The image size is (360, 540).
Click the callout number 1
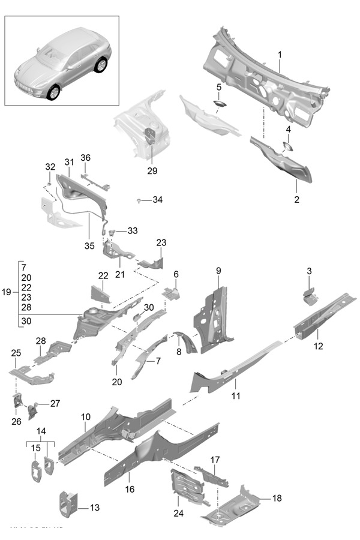(x=280, y=55)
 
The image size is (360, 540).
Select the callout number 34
(x=157, y=199)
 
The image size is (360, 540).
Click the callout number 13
(x=95, y=508)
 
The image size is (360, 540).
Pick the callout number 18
(x=277, y=498)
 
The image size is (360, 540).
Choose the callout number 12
(x=318, y=346)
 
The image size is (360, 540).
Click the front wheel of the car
(x=55, y=92)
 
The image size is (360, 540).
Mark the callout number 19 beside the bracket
(x=7, y=292)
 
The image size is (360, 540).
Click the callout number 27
(x=55, y=403)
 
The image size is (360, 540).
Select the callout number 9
(x=219, y=271)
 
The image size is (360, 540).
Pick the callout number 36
(x=85, y=158)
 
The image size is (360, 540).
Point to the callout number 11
(x=236, y=395)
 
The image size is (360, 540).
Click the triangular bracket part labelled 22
(x=100, y=293)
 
